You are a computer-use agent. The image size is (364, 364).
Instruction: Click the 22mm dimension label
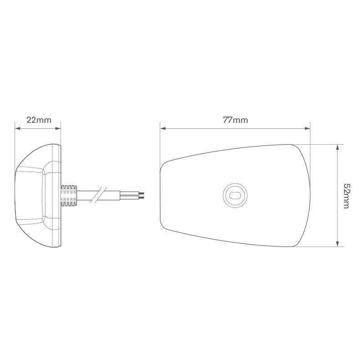39,120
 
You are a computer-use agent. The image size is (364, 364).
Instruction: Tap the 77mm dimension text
235,120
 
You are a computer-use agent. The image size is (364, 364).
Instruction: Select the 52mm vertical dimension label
346,196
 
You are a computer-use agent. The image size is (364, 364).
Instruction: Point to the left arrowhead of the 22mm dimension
17,128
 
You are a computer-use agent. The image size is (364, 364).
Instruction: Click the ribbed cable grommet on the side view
69,195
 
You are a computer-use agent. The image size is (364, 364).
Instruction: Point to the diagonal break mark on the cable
97,195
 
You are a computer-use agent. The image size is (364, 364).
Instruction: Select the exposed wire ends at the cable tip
142,195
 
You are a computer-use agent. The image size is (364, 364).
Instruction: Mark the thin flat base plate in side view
59,196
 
